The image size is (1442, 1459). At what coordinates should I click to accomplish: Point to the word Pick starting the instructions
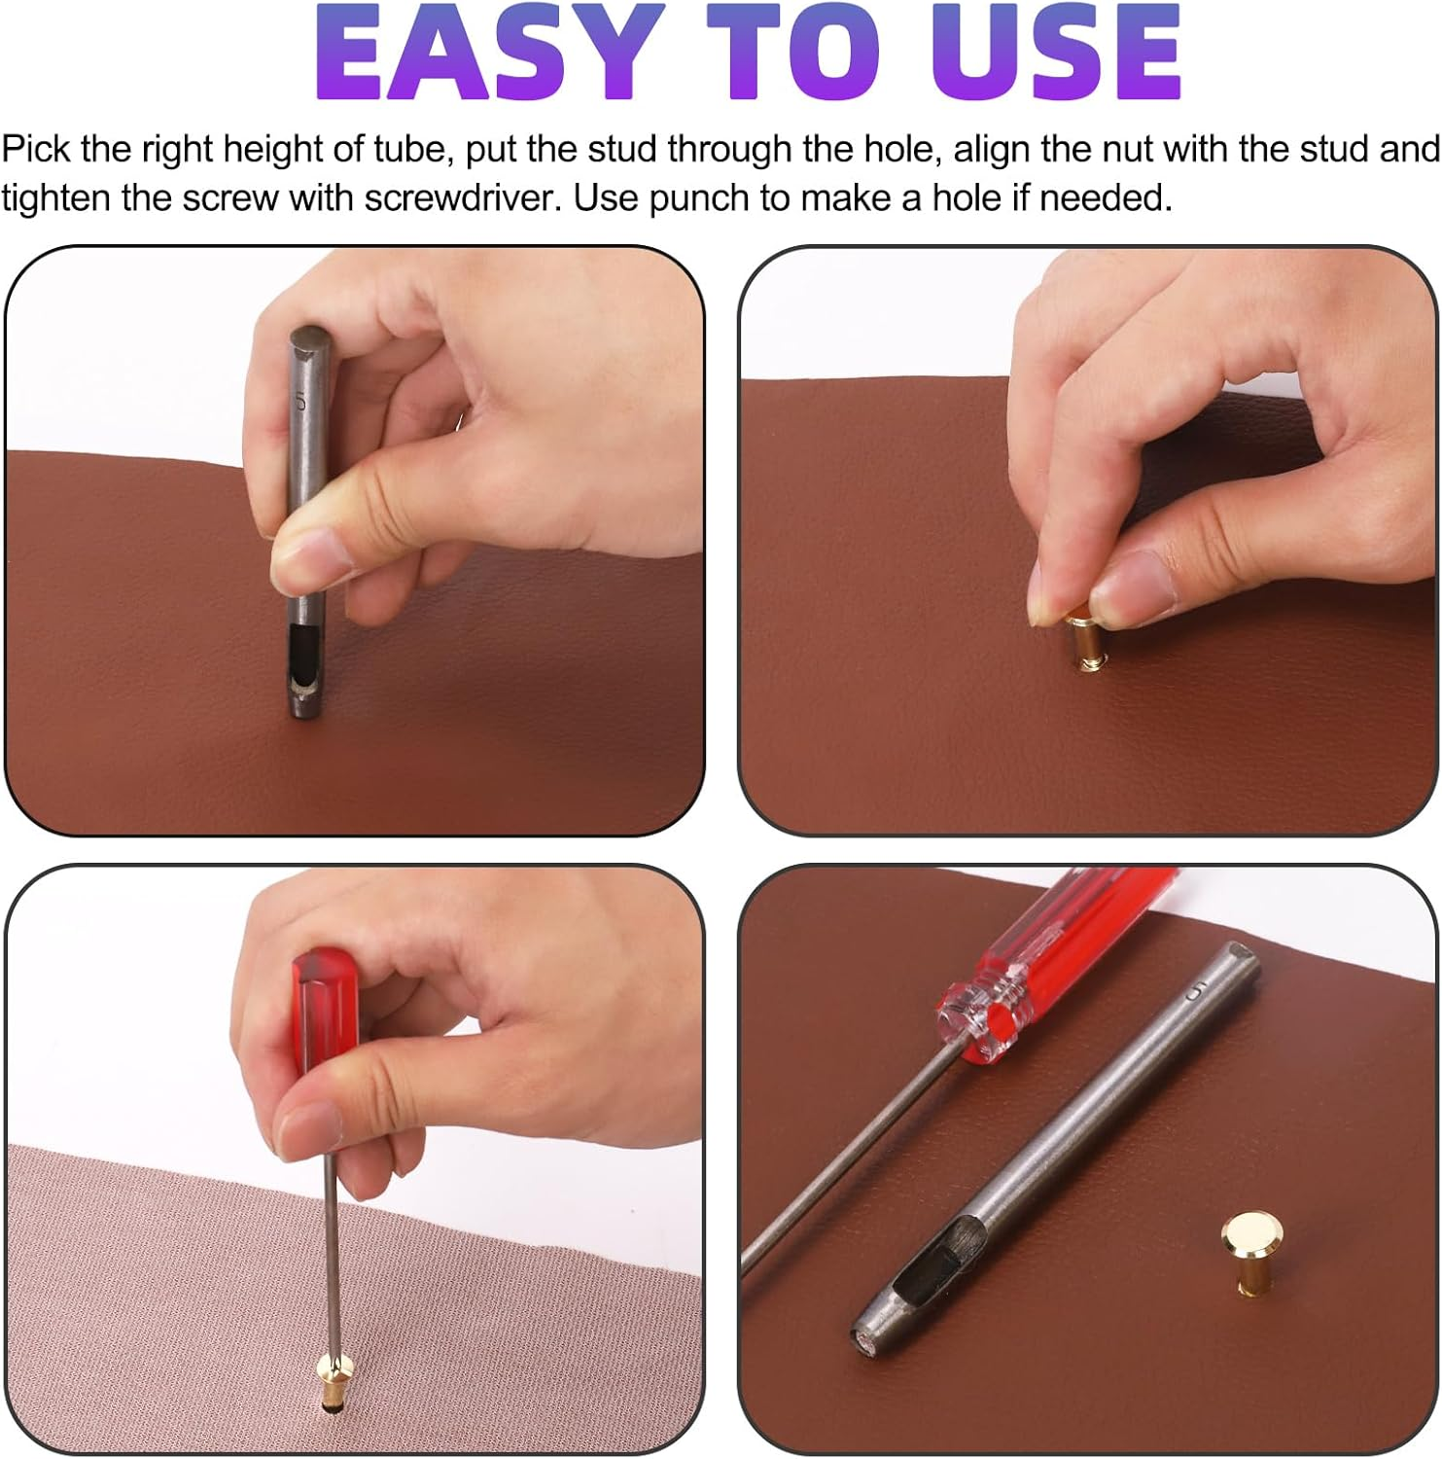[36, 150]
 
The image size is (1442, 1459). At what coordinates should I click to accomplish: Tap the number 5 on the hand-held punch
[300, 400]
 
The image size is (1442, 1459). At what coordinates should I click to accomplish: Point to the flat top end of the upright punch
[310, 341]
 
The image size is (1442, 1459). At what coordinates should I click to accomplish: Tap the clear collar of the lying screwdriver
[977, 1018]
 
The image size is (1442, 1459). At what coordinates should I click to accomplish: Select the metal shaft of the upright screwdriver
[333, 1255]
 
